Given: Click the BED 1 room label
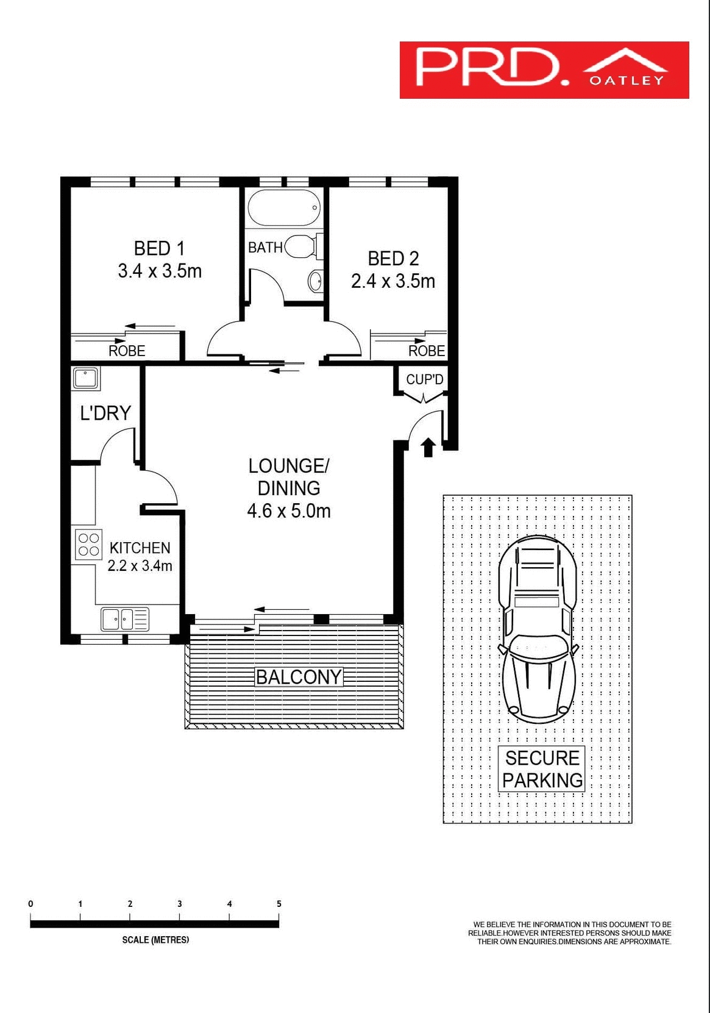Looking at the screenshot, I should [x=158, y=249].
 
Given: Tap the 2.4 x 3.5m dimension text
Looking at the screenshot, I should [x=393, y=281].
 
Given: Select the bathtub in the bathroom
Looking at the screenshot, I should [x=284, y=208].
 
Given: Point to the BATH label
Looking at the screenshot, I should [x=265, y=248].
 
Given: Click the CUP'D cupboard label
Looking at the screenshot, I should [x=425, y=379].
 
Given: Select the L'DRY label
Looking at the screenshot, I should [x=105, y=413].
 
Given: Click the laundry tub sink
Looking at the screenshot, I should [x=86, y=378].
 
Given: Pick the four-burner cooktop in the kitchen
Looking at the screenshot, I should [x=88, y=545].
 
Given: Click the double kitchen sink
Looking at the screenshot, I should [x=124, y=619].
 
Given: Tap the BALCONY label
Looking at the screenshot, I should [x=298, y=677].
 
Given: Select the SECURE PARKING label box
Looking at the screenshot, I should [x=542, y=768].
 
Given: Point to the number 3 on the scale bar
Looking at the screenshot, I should [x=180, y=904].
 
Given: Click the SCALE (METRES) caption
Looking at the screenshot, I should [x=155, y=940].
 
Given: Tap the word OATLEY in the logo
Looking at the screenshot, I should [x=627, y=81].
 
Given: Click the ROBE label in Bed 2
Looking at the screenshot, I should [x=427, y=351].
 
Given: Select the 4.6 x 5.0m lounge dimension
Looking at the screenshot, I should [x=288, y=510].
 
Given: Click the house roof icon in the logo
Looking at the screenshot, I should [x=625, y=61].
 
